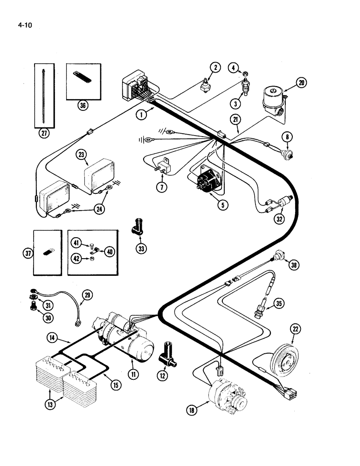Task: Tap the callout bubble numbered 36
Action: (83, 106)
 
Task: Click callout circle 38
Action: (294, 265)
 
